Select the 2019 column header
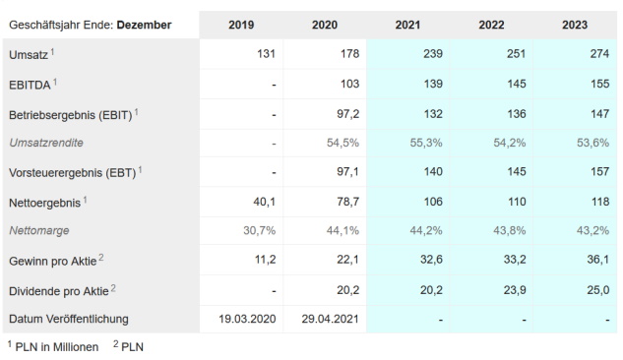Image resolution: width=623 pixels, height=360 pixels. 241,25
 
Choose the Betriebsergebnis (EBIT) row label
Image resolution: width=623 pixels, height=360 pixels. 72,114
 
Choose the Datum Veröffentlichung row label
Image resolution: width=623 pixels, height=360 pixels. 70,319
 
